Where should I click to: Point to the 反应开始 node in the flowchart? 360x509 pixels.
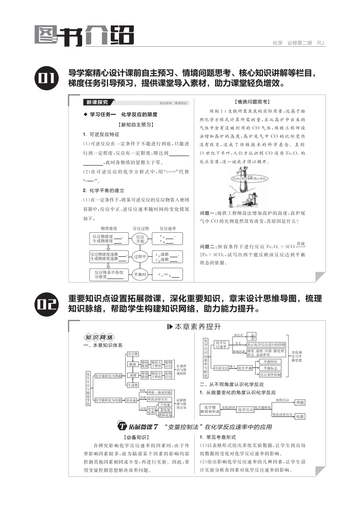point(140,239)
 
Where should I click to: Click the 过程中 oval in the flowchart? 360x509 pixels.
point(140,256)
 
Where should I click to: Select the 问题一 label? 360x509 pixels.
point(209,213)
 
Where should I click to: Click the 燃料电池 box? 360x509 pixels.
point(164,415)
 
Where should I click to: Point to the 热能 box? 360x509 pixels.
point(300,402)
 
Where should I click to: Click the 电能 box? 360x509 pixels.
point(300,416)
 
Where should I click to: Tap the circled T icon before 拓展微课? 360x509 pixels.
point(122,426)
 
